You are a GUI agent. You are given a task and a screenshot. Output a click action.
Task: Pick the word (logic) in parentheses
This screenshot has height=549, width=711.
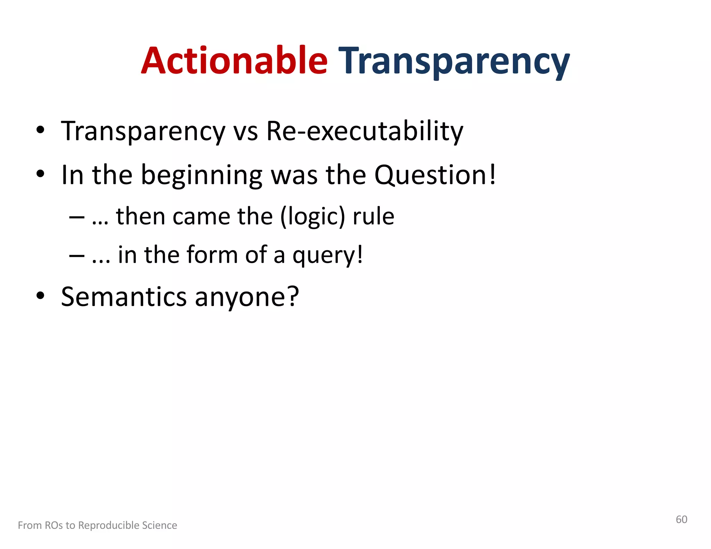point(312,217)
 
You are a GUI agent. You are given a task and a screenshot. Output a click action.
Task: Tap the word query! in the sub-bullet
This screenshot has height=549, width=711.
point(328,255)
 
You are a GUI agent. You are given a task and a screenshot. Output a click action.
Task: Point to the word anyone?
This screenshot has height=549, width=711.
point(246,298)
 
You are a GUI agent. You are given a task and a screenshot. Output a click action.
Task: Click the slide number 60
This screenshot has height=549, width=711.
point(681,519)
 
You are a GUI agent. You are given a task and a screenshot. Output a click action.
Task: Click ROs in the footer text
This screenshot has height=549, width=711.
point(54,525)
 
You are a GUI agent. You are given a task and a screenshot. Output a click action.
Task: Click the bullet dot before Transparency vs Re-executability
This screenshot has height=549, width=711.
point(41,130)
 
